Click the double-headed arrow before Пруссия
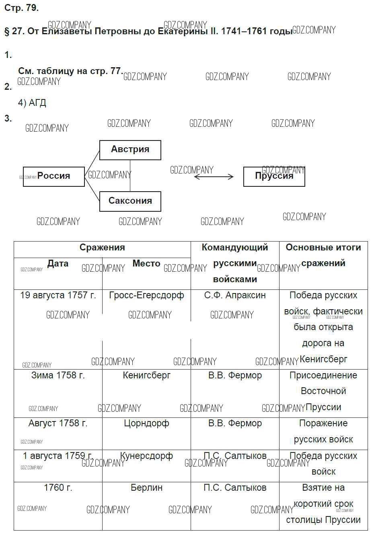click(214, 177)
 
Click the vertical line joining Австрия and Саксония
click(130, 176)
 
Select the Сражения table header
click(102, 248)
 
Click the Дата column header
click(58, 263)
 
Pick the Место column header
click(146, 263)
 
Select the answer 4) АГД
click(32, 103)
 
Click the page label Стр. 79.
click(21, 8)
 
